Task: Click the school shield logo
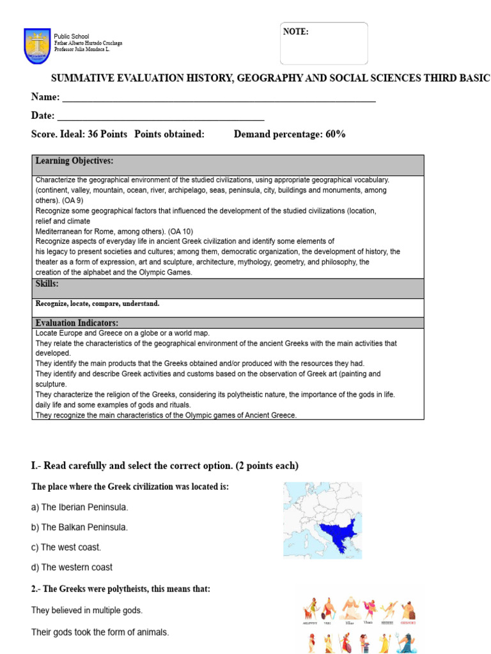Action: point(37,45)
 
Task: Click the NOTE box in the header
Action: point(323,43)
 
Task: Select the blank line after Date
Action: point(160,119)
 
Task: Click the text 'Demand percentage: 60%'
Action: point(290,134)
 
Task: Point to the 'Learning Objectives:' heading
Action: point(74,161)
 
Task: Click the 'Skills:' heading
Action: point(47,283)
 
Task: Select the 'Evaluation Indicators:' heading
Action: point(77,323)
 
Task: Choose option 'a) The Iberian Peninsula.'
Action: point(80,507)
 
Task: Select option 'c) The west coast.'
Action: point(66,547)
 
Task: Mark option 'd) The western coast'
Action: point(72,567)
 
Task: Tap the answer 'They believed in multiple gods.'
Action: point(87,611)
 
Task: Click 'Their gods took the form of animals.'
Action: point(100,632)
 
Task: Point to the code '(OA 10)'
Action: point(180,231)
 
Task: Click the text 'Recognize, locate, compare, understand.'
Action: point(97,304)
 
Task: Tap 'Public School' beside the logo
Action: point(72,36)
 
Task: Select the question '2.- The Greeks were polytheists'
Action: point(121,589)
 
